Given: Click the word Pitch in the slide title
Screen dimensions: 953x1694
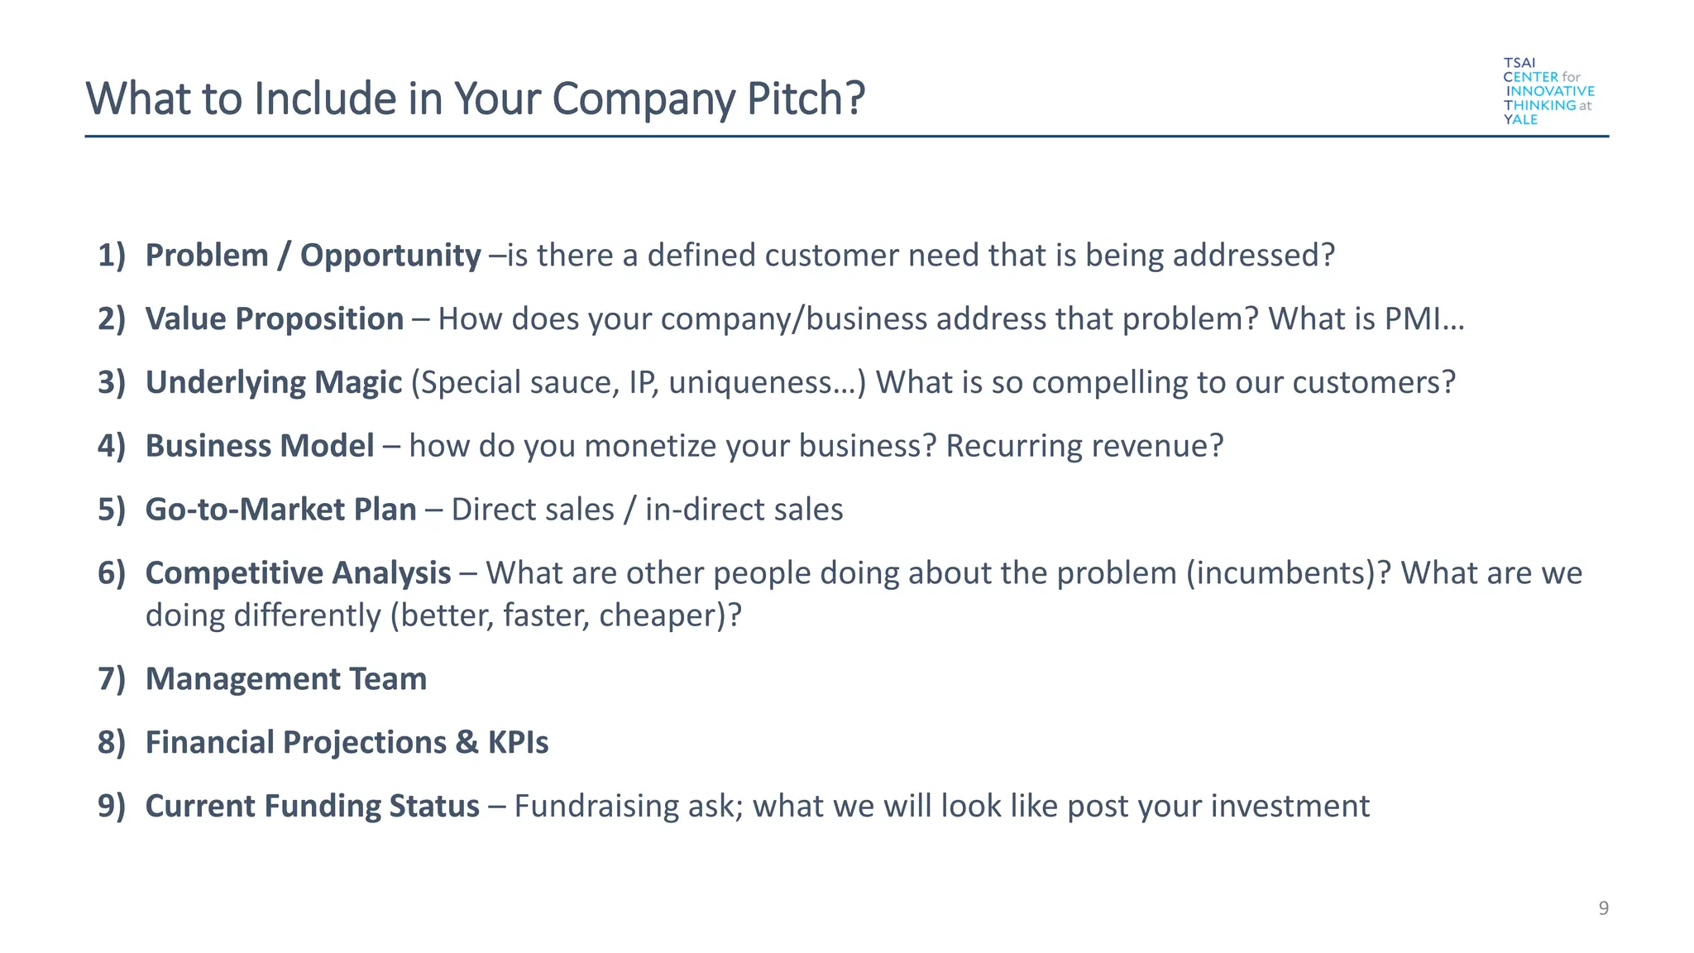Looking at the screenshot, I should tap(805, 98).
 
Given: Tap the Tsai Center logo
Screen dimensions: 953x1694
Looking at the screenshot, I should tap(1548, 91).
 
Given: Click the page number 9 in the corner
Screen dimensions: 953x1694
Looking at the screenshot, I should tap(1603, 908).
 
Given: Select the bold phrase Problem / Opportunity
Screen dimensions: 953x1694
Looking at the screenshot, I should tap(313, 256).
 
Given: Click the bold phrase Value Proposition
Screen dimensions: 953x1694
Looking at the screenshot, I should tap(274, 319).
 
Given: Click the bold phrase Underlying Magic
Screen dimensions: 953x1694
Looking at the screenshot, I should tap(273, 383).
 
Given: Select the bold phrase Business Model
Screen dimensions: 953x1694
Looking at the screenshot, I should tap(260, 446).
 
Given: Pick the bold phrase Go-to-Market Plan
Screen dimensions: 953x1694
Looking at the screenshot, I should tap(280, 510).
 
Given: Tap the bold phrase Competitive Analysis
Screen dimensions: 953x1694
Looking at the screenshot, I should tap(298, 573).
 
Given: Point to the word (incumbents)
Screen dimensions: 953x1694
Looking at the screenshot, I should tap(1280, 573).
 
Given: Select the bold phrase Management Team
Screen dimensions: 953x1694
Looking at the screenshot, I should tap(285, 679).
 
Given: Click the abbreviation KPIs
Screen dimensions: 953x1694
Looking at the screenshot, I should tap(518, 743).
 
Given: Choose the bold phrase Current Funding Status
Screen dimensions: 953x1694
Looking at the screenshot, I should tap(312, 807).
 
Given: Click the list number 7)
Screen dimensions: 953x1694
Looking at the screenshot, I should tap(111, 679).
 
